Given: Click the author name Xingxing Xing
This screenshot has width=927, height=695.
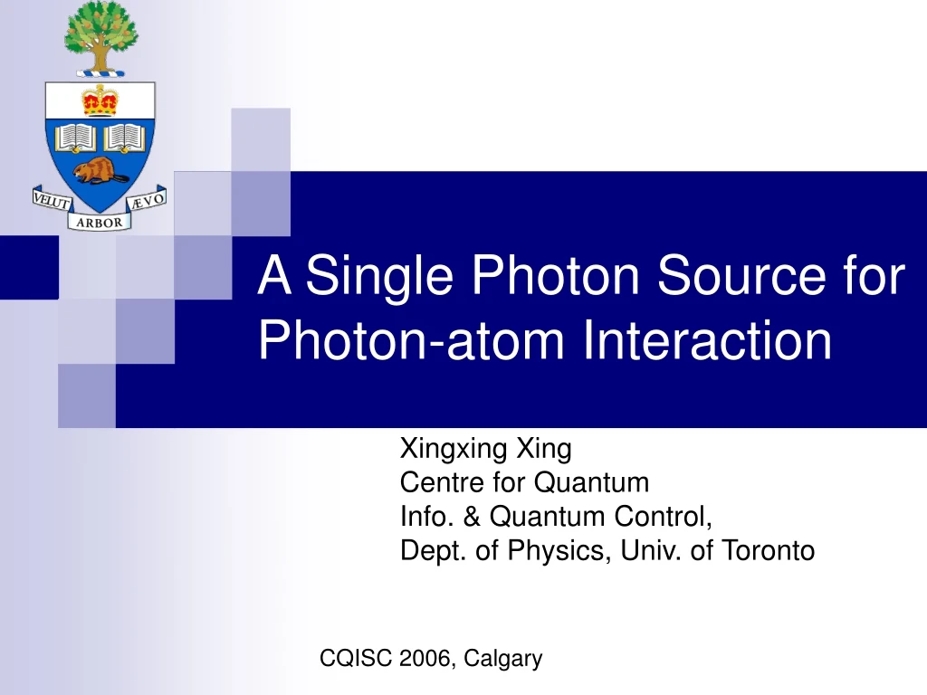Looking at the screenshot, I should pyautogui.click(x=486, y=448).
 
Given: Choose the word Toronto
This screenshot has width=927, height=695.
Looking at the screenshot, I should pyautogui.click(x=769, y=550).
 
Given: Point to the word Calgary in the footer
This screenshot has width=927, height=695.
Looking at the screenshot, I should pyautogui.click(x=502, y=659).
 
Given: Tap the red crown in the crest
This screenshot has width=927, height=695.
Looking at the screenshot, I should pyautogui.click(x=100, y=100).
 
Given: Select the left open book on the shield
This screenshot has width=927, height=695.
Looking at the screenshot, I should pyautogui.click(x=76, y=138).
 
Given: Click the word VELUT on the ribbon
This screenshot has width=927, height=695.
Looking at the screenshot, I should pyautogui.click(x=53, y=198).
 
